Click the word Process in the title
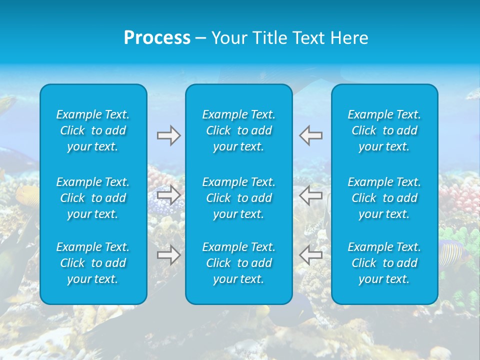pyautogui.click(x=157, y=38)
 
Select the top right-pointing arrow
pyautogui.click(x=168, y=135)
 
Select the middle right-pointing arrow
pyautogui.click(x=168, y=195)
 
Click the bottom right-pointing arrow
pyautogui.click(x=168, y=255)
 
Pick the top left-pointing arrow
pyautogui.click(x=311, y=135)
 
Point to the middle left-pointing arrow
pyautogui.click(x=311, y=195)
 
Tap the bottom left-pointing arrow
pyautogui.click(x=311, y=255)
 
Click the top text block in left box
pyautogui.click(x=93, y=130)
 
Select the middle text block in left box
pyautogui.click(x=93, y=198)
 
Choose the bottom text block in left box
pyautogui.click(x=93, y=263)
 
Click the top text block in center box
pyautogui.click(x=239, y=130)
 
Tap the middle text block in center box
pyautogui.click(x=239, y=198)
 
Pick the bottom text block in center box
pyautogui.click(x=239, y=263)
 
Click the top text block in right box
pyautogui.click(x=384, y=130)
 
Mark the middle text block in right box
pyautogui.click(x=384, y=198)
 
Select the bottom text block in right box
pyautogui.click(x=384, y=263)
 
